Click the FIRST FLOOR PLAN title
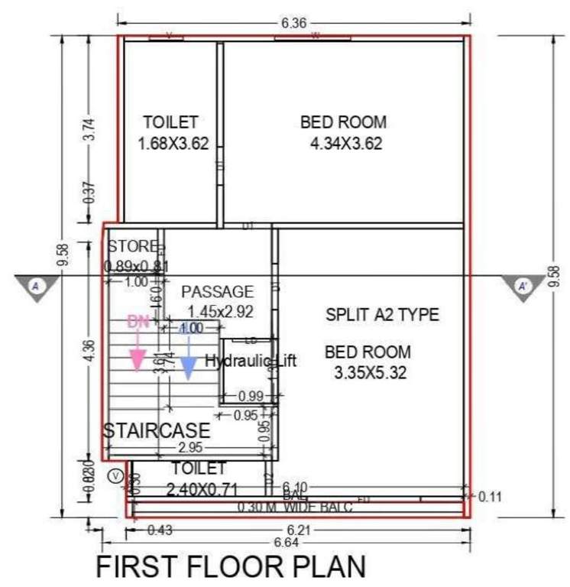[230, 568]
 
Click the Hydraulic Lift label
[251, 361]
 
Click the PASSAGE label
[216, 291]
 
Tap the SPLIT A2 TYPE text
[382, 314]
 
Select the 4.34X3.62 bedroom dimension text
[345, 143]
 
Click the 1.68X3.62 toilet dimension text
[173, 143]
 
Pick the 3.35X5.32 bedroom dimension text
[369, 373]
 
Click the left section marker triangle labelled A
[35, 287]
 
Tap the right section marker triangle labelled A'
[523, 287]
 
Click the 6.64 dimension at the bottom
[295, 542]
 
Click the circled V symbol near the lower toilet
[115, 475]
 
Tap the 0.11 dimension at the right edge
[490, 496]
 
